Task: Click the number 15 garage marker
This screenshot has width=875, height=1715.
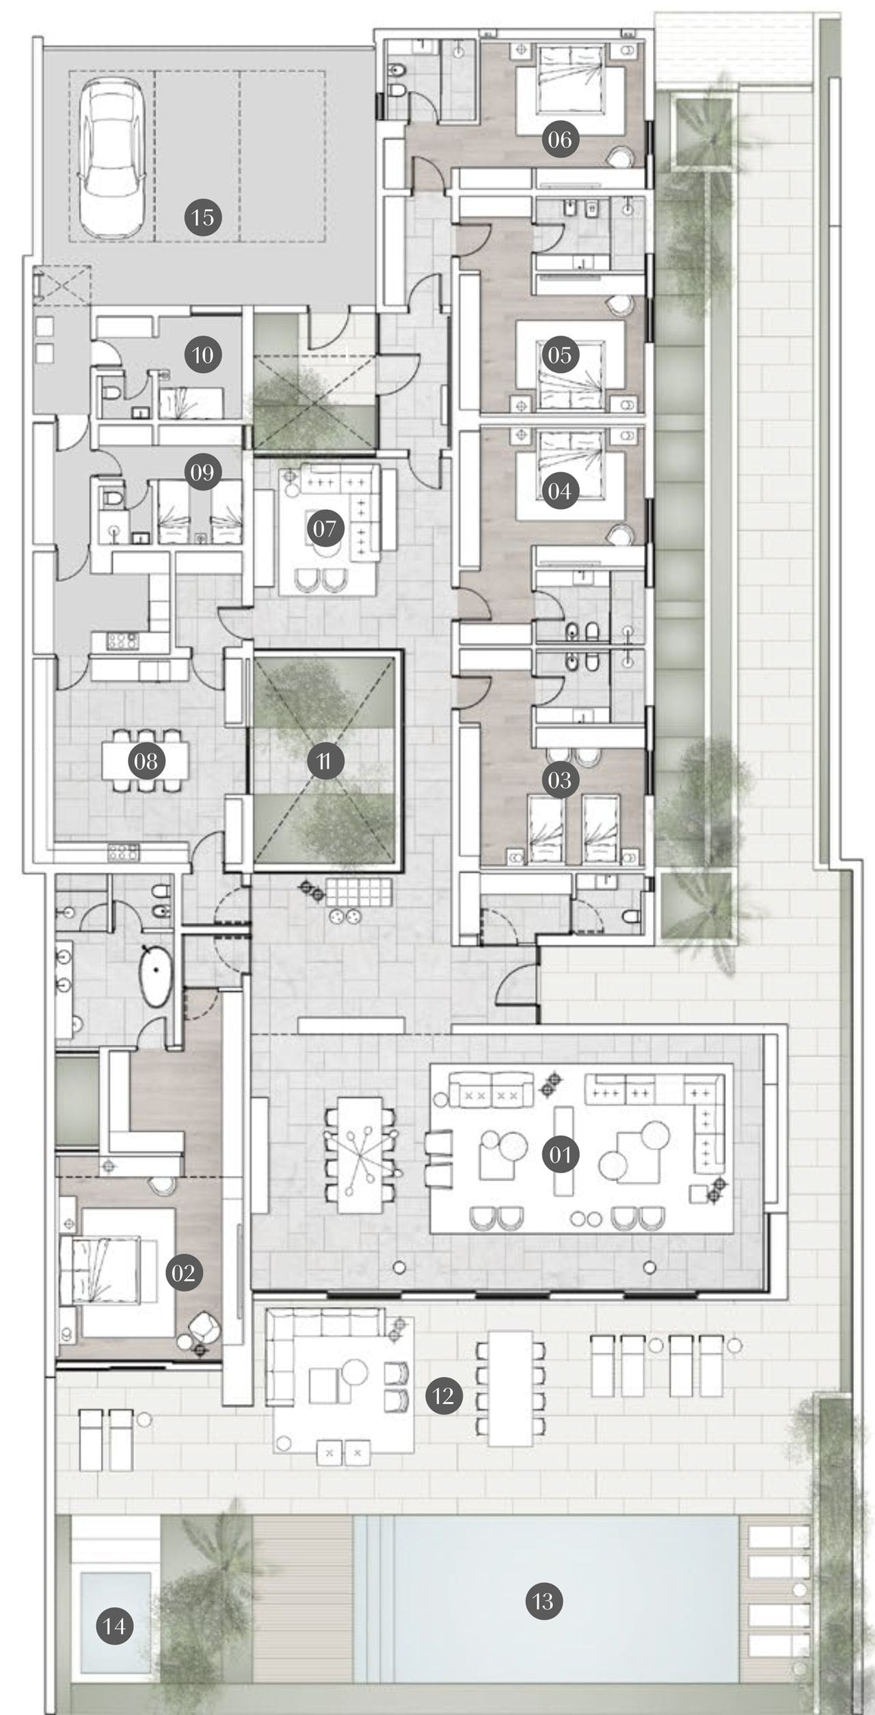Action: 202,218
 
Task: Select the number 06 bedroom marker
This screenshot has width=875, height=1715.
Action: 560,139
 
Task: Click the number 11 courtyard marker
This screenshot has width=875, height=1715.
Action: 325,761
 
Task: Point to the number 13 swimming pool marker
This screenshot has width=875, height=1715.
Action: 543,1601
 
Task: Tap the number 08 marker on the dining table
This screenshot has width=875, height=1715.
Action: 146,761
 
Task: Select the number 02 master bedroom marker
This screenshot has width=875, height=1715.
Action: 184,1272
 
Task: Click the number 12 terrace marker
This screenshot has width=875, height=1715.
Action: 443,1395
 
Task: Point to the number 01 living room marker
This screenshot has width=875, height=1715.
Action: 560,1155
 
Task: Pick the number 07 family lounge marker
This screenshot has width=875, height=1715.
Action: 325,528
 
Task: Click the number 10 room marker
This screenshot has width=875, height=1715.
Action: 202,355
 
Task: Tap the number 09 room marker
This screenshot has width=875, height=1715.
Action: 202,472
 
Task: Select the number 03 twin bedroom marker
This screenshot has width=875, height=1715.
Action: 560,780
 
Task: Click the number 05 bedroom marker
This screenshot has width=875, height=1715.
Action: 560,355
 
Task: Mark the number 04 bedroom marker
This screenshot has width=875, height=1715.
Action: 560,491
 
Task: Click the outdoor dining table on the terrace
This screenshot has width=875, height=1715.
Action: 511,1386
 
